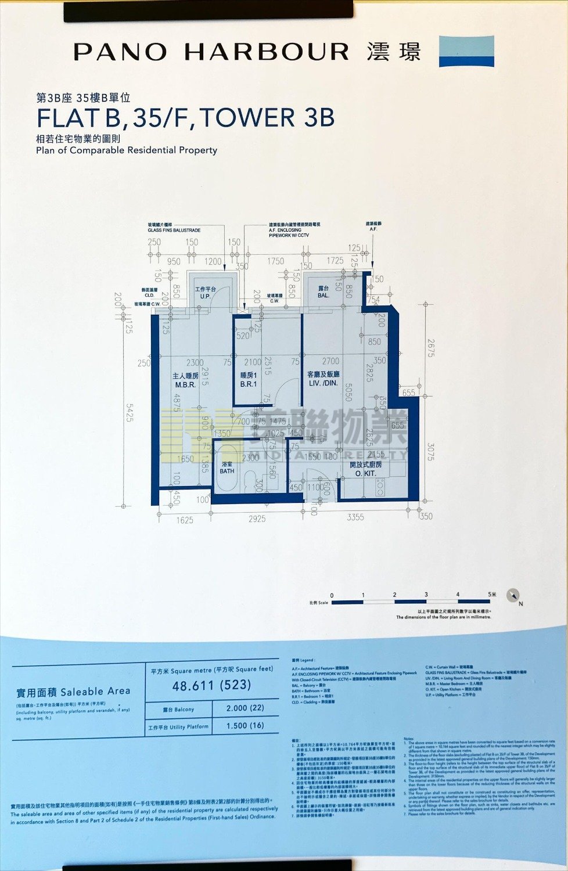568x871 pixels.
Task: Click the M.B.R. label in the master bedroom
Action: (x=186, y=384)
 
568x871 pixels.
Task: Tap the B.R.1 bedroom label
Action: (x=249, y=384)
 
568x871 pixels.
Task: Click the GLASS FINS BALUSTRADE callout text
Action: (x=174, y=231)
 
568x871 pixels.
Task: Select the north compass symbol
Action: (x=513, y=596)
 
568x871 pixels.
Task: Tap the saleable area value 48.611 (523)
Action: (x=212, y=686)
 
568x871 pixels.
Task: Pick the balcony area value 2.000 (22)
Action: (x=245, y=708)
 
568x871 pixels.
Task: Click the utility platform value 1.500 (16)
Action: (x=245, y=726)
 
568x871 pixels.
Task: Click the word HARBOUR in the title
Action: (x=267, y=52)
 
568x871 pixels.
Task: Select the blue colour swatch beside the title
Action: (x=466, y=51)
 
